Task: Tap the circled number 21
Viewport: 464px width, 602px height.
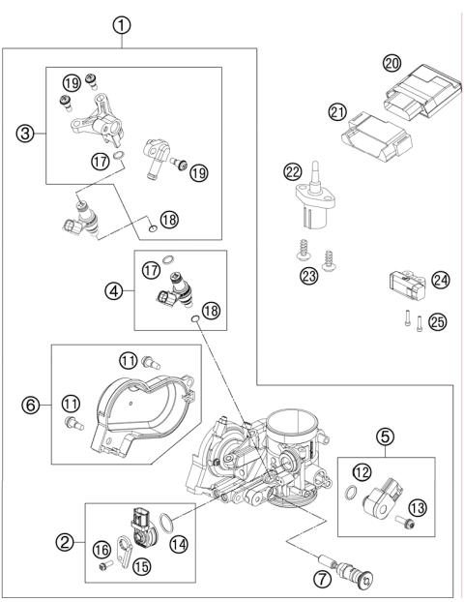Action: coord(337,113)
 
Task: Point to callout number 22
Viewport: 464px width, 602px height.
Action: coord(293,173)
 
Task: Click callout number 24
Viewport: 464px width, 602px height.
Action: coord(441,281)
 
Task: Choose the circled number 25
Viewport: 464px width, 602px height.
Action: coord(438,322)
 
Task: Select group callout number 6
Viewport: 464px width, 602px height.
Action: coord(30,406)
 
